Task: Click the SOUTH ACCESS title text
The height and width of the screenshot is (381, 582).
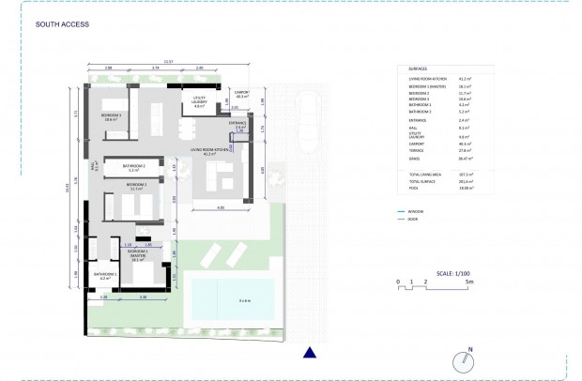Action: point(62,25)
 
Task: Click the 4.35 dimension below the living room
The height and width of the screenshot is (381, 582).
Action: point(221,206)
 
